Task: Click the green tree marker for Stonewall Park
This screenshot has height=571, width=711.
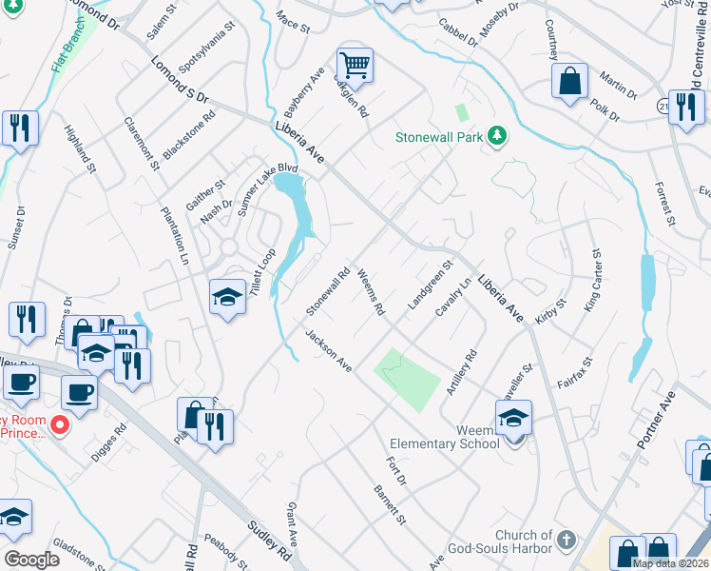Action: coord(496,137)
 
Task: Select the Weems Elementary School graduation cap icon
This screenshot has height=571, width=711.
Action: coord(513,418)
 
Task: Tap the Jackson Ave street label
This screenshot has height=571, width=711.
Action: coord(329,351)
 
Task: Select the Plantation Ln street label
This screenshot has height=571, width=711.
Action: coord(175,239)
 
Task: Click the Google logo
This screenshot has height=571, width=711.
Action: coord(31,559)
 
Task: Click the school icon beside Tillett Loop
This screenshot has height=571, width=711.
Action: coord(227,299)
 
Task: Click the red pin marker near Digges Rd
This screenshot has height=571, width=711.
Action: coord(59,424)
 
